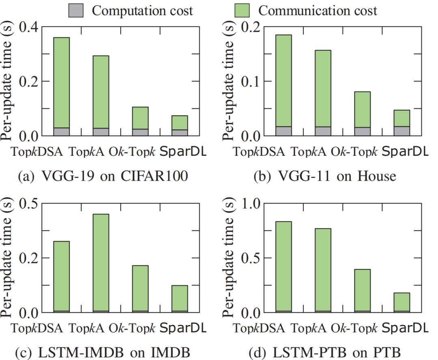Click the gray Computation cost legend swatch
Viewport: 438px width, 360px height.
[x=76, y=10]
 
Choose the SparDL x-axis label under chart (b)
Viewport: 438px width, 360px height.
[x=405, y=151]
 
